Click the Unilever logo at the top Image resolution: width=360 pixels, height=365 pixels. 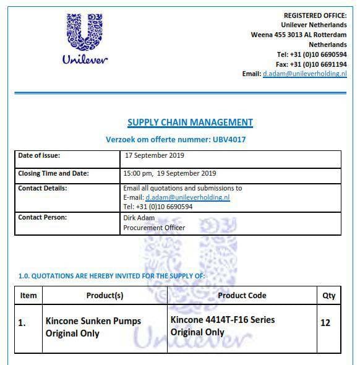(x=85, y=38)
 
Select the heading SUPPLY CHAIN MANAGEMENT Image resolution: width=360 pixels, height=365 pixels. (x=190, y=122)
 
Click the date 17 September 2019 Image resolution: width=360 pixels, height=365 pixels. (x=154, y=156)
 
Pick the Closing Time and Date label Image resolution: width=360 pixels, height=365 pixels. (x=53, y=173)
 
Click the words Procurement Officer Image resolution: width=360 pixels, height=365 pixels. (x=154, y=228)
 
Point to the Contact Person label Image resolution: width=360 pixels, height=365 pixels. (x=42, y=218)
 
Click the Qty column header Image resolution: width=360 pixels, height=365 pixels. (x=329, y=296)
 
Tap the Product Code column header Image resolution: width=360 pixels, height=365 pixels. (x=242, y=296)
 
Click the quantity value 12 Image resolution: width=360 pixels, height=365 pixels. (x=325, y=323)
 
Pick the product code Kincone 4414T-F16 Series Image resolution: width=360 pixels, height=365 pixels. (x=222, y=320)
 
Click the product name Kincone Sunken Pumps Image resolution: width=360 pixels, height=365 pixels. (x=93, y=321)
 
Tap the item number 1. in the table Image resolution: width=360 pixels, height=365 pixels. (x=22, y=323)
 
